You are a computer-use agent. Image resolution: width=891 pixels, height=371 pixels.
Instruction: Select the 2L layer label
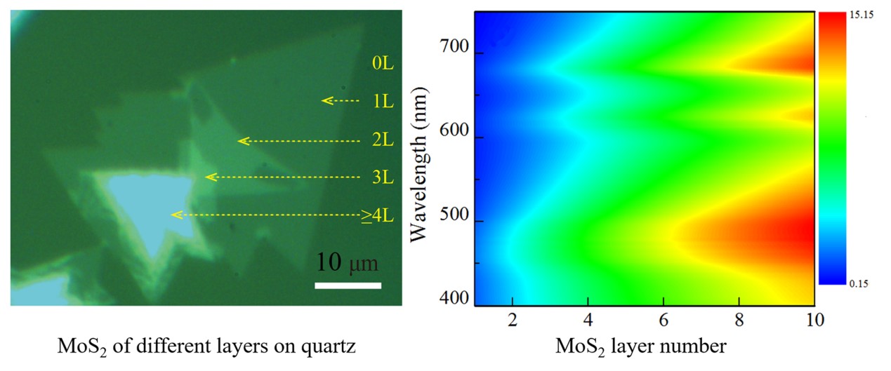pos(383,140)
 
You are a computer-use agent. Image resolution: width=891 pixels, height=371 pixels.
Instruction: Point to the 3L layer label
pos(383,177)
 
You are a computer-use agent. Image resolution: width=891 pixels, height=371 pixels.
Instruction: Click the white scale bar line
pos(348,285)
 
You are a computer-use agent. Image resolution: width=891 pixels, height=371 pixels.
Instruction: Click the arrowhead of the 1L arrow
pos(325,101)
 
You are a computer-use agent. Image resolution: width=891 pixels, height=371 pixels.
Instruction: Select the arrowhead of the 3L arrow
pos(209,176)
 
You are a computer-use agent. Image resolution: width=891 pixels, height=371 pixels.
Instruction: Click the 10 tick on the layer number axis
pos(814,320)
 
